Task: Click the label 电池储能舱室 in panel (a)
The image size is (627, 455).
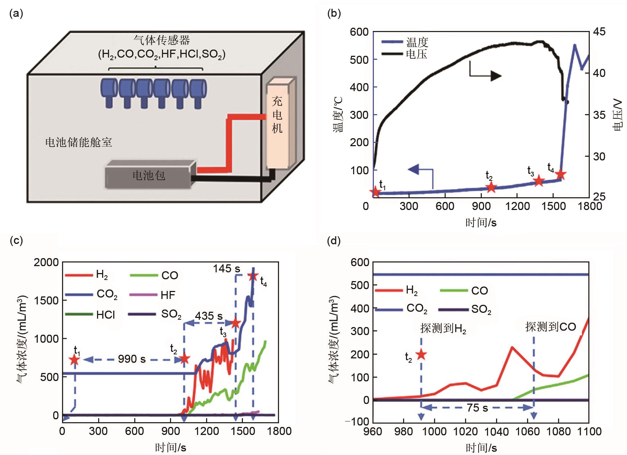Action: click(78, 142)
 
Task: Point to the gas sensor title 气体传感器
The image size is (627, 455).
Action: click(162, 40)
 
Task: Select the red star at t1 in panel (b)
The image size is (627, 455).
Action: click(375, 192)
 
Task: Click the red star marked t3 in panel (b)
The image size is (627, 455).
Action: click(539, 181)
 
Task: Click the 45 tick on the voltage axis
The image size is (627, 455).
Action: click(599, 32)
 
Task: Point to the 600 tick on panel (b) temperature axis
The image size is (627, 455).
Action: click(359, 32)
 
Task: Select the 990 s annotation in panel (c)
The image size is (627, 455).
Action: click(132, 359)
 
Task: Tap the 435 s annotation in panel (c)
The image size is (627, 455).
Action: click(209, 316)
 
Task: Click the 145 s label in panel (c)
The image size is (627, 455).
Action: click(227, 269)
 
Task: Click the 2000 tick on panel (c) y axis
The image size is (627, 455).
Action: click(46, 262)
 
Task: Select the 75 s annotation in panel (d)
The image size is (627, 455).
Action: click(477, 408)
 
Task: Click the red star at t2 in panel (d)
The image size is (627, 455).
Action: click(421, 354)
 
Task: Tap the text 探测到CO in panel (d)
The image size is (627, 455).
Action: click(550, 327)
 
